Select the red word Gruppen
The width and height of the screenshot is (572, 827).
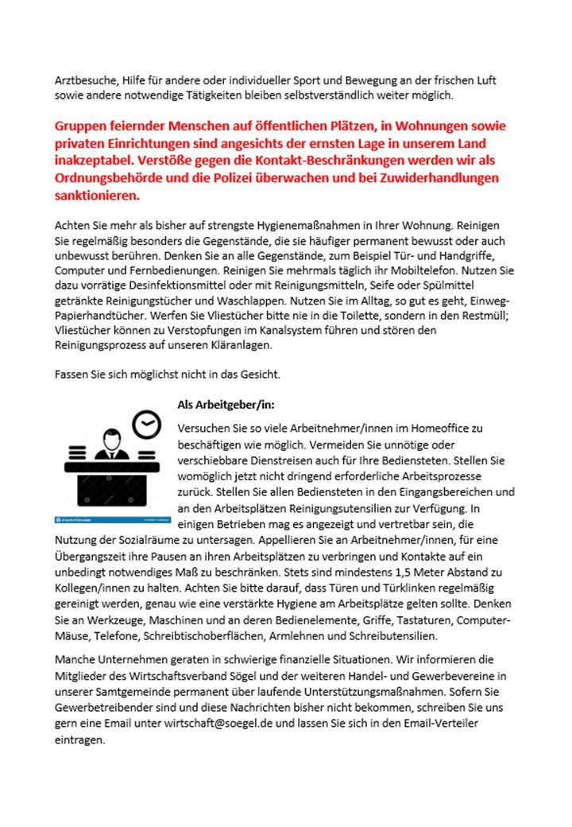click(83, 127)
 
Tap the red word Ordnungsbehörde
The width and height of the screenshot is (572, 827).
click(106, 178)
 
